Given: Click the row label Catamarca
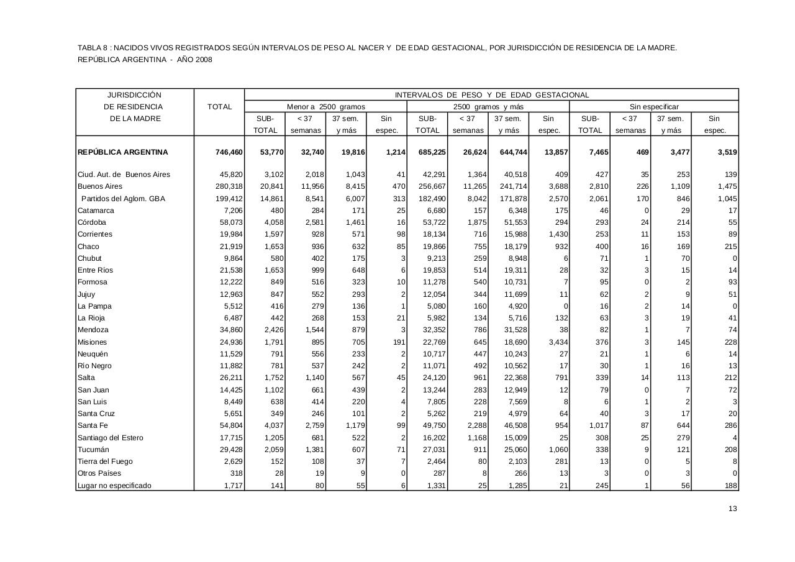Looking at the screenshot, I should click(x=96, y=211).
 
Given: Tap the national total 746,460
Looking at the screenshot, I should click(x=228, y=152).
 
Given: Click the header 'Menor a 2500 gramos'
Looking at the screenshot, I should click(x=325, y=107).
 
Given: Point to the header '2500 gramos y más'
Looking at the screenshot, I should click(x=488, y=107).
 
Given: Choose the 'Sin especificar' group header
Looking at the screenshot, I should click(x=654, y=107).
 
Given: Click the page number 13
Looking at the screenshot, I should click(x=733, y=509).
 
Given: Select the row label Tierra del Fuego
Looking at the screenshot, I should click(x=105, y=461).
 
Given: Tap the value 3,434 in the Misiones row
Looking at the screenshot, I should click(x=555, y=342).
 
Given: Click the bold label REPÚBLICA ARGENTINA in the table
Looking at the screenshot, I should click(x=123, y=152).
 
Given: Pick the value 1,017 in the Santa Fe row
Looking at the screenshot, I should click(x=596, y=426).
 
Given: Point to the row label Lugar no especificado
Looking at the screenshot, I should click(x=114, y=486).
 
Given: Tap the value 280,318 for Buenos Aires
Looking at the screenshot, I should click(x=228, y=186).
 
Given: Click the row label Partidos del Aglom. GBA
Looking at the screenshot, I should click(x=124, y=199).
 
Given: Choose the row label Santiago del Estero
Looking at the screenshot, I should click(x=110, y=438).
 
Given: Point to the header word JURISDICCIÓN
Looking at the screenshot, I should click(x=134, y=95).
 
